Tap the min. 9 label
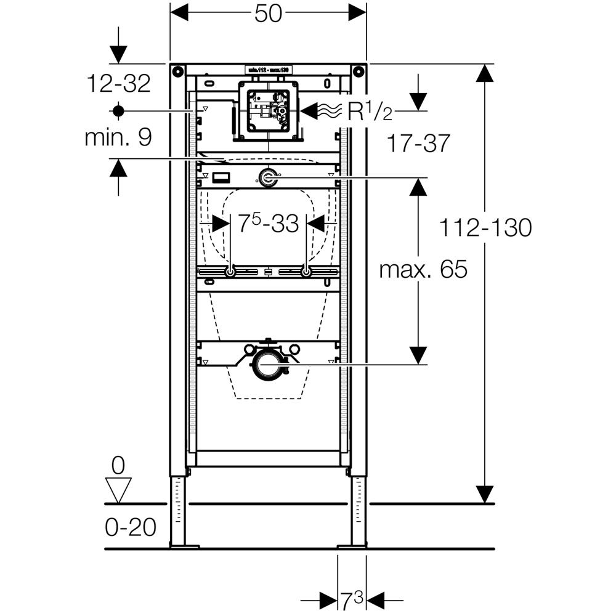tap(118, 137)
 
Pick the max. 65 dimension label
tap(423, 269)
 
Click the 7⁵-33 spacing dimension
tap(268, 223)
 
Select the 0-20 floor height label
tap(130, 527)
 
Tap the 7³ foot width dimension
tap(352, 598)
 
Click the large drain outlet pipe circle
tap(268, 363)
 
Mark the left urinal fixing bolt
tap(230, 272)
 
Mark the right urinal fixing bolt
tap(306, 272)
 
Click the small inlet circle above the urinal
tap(268, 179)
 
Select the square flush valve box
tap(268, 111)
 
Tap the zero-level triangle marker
tap(118, 489)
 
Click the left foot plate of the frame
tap(184, 546)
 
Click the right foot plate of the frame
tap(352, 546)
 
